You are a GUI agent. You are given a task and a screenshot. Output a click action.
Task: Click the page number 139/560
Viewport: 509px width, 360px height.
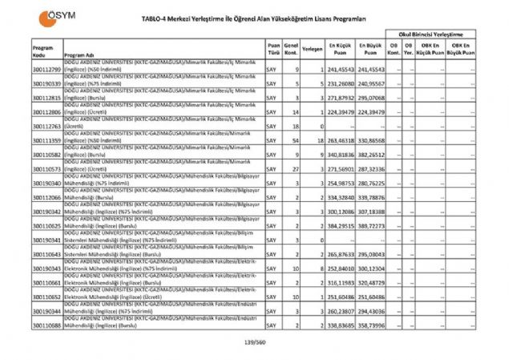pos(254,344)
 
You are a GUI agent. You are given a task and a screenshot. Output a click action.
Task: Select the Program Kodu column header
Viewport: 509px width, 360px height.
pos(43,50)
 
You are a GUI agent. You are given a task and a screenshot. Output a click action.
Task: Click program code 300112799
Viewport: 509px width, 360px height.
pos(46,70)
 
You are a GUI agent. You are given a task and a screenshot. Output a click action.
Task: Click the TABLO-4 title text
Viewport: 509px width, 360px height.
pos(255,18)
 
